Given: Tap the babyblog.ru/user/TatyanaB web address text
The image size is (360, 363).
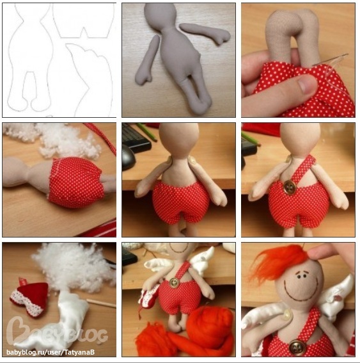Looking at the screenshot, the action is point(51,352).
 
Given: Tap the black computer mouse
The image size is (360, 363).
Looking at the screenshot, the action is point(129,157).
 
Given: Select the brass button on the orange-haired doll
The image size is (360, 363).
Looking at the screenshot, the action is point(297,346).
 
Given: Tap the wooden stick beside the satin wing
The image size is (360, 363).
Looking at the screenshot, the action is point(101,303).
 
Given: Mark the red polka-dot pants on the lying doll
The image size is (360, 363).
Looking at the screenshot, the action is point(76,182).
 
